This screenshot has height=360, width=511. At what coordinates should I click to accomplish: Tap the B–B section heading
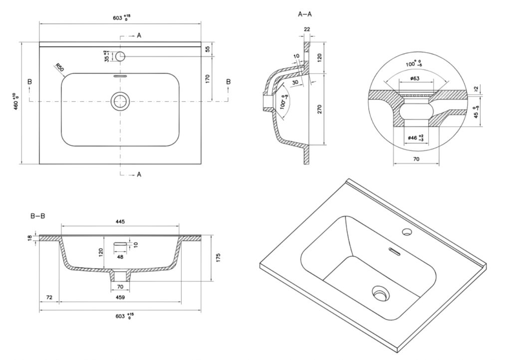[x=38, y=216]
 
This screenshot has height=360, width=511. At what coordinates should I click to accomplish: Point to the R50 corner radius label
[x=59, y=68]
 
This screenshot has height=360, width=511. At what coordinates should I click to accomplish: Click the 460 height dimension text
[x=16, y=102]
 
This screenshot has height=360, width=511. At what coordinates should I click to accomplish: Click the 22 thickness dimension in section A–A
[x=306, y=30]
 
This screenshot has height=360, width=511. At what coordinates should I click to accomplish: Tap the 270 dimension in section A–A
[x=320, y=109]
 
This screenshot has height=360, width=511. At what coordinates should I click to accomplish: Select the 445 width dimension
[x=120, y=221]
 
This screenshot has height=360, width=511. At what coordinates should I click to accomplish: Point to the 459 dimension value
[x=120, y=297]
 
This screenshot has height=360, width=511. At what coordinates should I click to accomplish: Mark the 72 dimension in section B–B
[x=49, y=297]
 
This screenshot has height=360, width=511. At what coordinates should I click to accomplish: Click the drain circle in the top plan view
[x=120, y=101]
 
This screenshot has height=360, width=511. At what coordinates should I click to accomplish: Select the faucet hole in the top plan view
[x=120, y=56]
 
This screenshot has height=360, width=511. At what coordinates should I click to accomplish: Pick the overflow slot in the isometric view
[x=394, y=251]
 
